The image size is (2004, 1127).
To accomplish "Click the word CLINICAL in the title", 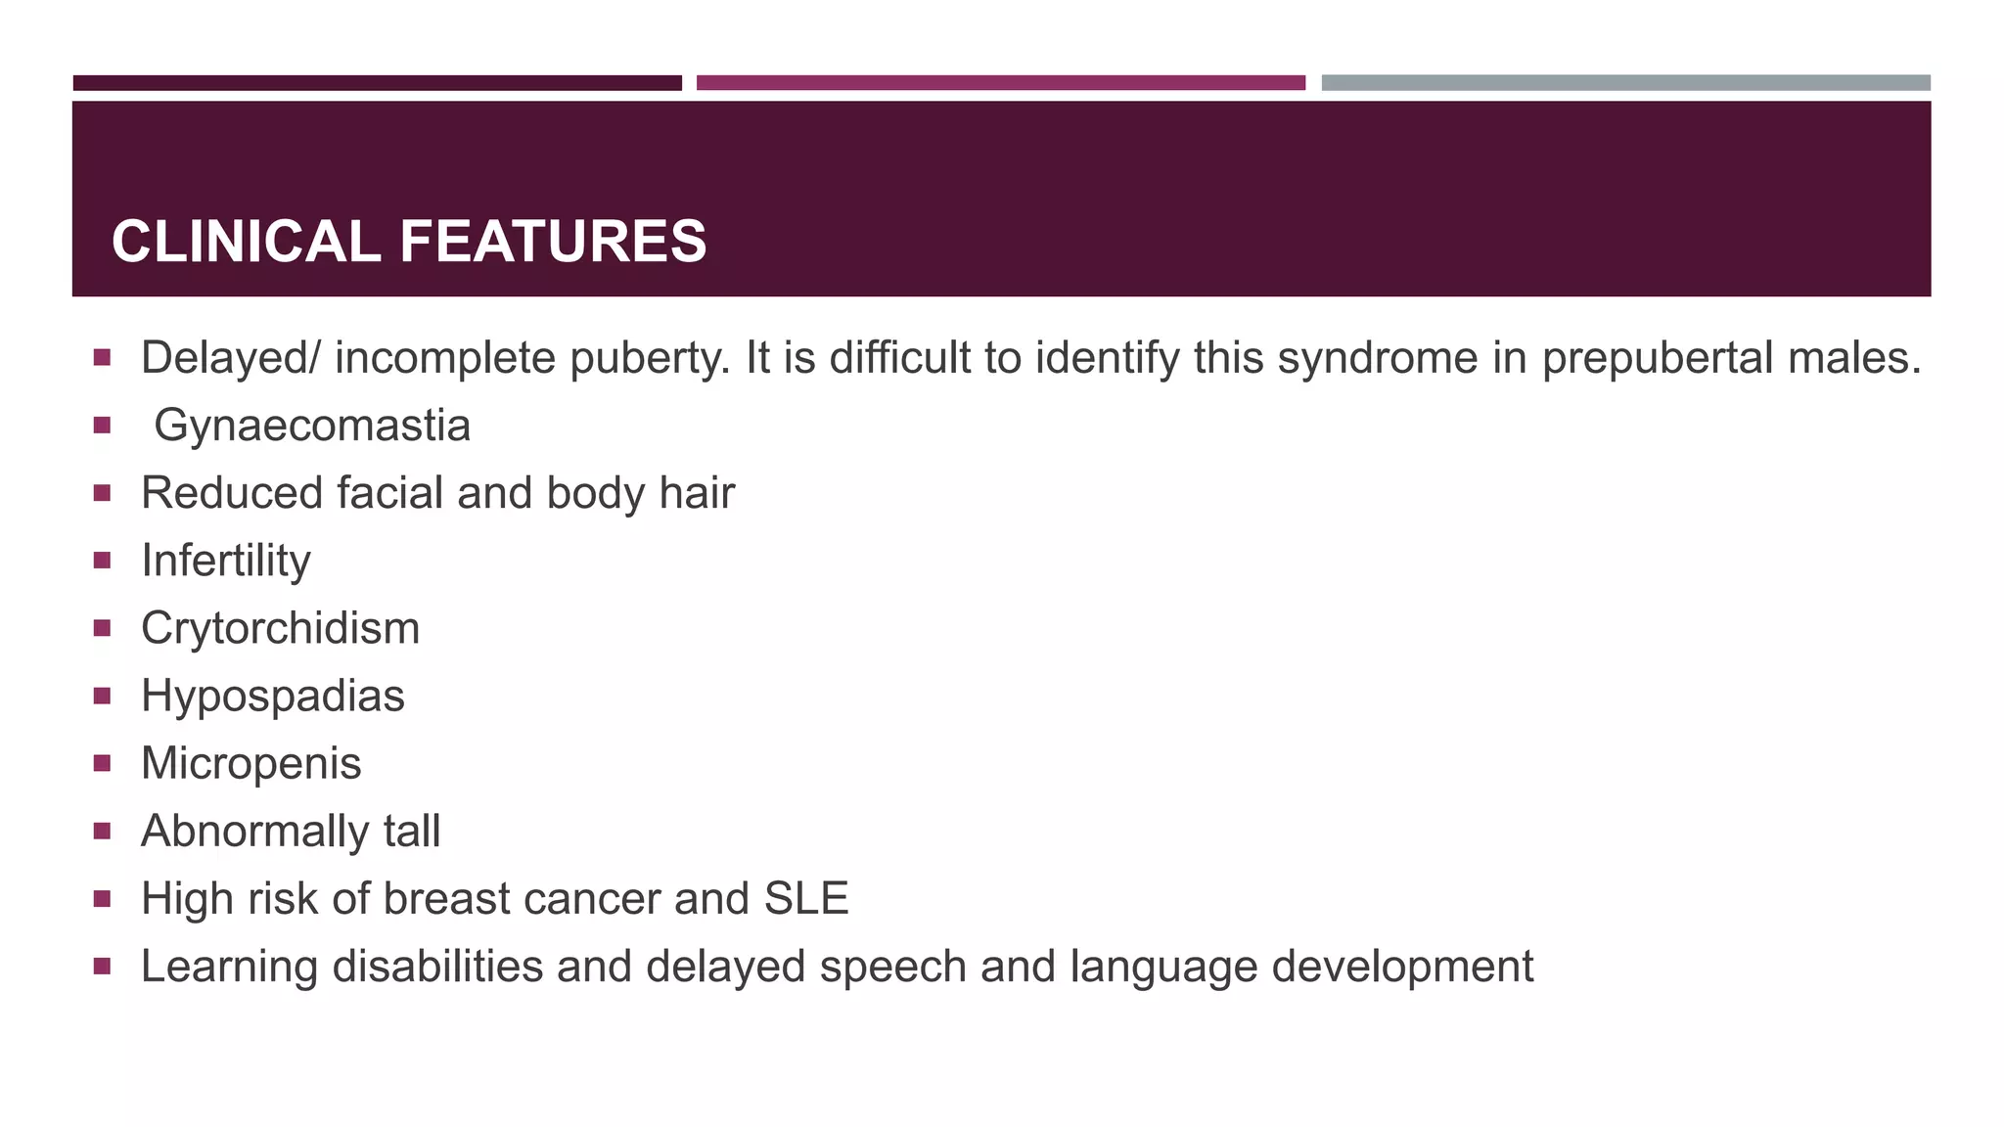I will click(x=246, y=242).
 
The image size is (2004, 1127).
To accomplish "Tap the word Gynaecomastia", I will click(x=312, y=426).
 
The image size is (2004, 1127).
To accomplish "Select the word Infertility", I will click(x=226, y=561).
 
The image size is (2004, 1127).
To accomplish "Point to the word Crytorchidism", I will click(x=281, y=628).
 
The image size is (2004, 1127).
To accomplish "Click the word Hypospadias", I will click(x=273, y=697).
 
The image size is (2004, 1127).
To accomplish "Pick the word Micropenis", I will click(x=251, y=764).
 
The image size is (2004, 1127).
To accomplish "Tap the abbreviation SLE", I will click(x=806, y=898).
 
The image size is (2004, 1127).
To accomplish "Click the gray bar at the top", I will click(x=1625, y=83).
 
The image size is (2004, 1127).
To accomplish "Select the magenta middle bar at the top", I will click(x=1000, y=83).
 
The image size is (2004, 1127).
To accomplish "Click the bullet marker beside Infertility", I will click(x=102, y=561).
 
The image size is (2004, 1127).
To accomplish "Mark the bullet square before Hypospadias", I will click(x=102, y=696).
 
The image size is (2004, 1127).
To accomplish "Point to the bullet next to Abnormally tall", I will click(x=102, y=831).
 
